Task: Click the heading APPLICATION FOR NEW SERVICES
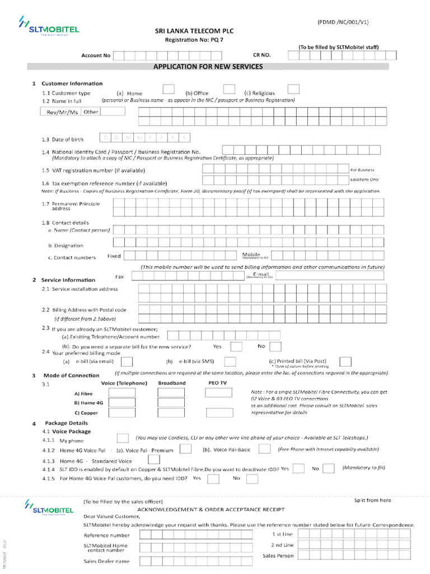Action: pyautogui.click(x=208, y=67)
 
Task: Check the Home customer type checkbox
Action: pyautogui.click(x=168, y=89)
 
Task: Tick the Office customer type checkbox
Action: pyautogui.click(x=229, y=89)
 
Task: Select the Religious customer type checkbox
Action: pyautogui.click(x=293, y=89)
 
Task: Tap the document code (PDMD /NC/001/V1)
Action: pyautogui.click(x=343, y=22)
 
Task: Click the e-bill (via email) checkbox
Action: pyautogui.click(x=127, y=362)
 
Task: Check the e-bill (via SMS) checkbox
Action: pyautogui.click(x=230, y=362)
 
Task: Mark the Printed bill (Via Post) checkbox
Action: pyautogui.click(x=345, y=362)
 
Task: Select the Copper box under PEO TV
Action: pyautogui.click(x=219, y=413)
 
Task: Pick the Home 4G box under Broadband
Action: pyautogui.click(x=171, y=403)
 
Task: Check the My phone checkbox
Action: pyautogui.click(x=123, y=438)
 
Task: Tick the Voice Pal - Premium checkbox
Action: pyautogui.click(x=185, y=450)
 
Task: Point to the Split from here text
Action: pyautogui.click(x=373, y=500)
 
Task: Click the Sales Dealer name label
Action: pyautogui.click(x=106, y=561)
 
